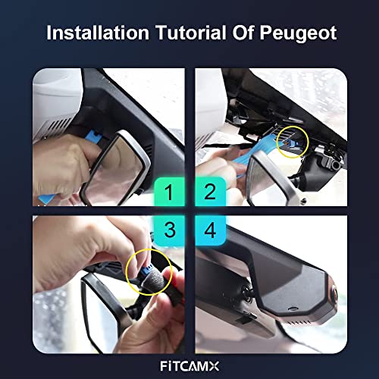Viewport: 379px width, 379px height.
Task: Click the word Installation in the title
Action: (x=98, y=33)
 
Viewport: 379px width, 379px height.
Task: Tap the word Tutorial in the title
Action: (x=191, y=33)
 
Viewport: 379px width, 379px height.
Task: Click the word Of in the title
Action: (x=243, y=33)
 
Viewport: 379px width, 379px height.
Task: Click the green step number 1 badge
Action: (x=170, y=191)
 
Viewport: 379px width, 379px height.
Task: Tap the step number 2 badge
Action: (x=210, y=191)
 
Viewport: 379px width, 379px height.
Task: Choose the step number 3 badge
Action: (x=170, y=230)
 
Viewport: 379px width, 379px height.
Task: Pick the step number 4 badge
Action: (x=210, y=230)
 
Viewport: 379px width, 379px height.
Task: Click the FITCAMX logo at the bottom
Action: (x=189, y=366)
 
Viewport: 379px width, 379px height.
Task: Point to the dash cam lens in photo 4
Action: (x=334, y=293)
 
